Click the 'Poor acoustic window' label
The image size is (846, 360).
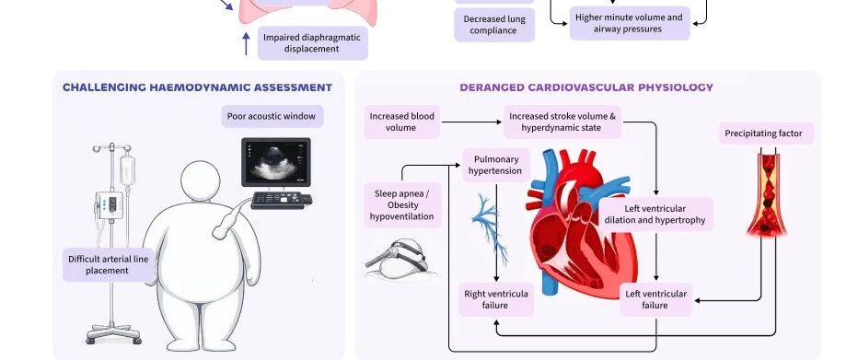coord(272,117)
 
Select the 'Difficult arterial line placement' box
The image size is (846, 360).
coord(108,264)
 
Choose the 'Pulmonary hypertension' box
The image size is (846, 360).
coord(495,165)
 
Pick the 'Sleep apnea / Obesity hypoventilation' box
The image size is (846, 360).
coord(403,205)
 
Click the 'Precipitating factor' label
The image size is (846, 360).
coord(766,134)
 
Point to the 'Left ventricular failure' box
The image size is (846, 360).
coord(655,299)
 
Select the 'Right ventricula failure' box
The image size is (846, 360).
coord(496,299)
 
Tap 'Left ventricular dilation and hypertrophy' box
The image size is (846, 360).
coord(655,215)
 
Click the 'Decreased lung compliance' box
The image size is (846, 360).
coord(493,25)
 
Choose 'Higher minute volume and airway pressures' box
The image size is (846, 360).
coord(629,23)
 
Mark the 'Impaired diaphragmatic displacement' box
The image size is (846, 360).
coord(312,43)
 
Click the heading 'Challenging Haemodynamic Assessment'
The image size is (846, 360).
coord(198,87)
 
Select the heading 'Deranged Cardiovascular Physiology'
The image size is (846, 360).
coord(586,87)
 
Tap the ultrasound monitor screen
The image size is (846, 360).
coord(275,162)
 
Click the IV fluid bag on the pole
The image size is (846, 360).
coord(127,170)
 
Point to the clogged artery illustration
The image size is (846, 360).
coord(767,194)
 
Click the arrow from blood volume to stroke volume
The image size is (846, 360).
coord(471,122)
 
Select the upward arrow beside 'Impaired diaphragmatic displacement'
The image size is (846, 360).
coord(246,43)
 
